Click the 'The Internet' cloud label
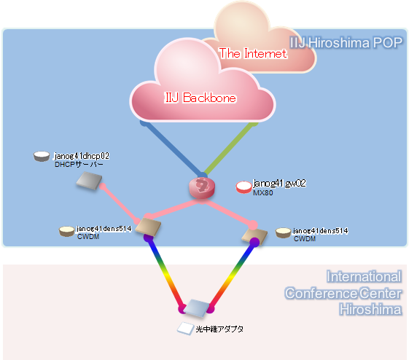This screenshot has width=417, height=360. point(253,53)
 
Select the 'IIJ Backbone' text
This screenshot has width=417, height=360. point(200,98)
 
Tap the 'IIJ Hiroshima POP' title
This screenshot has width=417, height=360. point(346,42)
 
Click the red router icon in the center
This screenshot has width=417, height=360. point(202,188)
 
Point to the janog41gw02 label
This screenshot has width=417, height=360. point(279,184)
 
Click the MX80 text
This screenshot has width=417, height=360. point(262,193)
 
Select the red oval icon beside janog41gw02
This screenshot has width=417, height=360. point(243,187)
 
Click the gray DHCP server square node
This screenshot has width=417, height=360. point(89,181)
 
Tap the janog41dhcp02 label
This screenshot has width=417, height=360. point(82,156)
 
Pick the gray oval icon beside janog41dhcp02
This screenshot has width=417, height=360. point(42,157)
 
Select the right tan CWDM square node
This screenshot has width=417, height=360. point(254,236)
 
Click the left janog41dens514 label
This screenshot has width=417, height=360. point(104,229)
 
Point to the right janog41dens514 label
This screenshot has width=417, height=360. point(321,231)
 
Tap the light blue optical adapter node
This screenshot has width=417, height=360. point(196,308)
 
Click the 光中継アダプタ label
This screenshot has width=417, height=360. point(219,329)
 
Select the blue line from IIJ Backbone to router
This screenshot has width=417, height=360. point(173,149)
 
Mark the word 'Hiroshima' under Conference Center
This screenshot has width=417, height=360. point(370,310)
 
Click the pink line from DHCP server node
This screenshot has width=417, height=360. point(120,204)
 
